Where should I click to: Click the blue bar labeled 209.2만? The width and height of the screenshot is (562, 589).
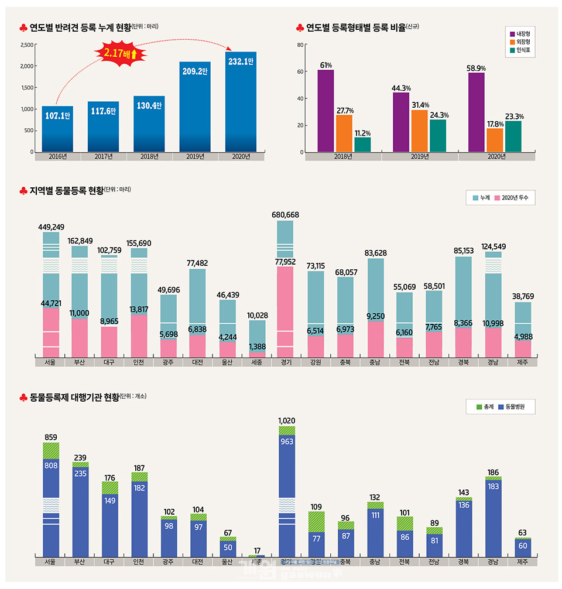pyautogui.click(x=195, y=105)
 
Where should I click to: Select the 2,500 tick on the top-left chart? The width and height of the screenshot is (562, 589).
pyautogui.click(x=27, y=44)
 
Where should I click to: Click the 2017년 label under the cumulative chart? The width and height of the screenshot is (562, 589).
pyautogui.click(x=104, y=156)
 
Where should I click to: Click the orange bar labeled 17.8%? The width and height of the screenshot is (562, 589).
pyautogui.click(x=495, y=139)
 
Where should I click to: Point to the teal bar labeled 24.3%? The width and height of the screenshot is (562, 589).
pyautogui.click(x=438, y=135)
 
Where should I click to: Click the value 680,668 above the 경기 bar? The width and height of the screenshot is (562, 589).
pyautogui.click(x=285, y=215)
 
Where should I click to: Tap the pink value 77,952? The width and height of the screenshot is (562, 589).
pyautogui.click(x=285, y=262)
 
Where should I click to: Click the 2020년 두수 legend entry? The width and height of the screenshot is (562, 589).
pyautogui.click(x=510, y=198)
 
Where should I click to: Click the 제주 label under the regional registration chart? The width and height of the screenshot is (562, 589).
pyautogui.click(x=523, y=362)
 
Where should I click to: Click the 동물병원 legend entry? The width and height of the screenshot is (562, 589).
pyautogui.click(x=510, y=406)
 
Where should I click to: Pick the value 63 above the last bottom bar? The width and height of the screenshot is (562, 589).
pyautogui.click(x=523, y=532)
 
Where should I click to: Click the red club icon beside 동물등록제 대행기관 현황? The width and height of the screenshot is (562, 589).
pyautogui.click(x=23, y=398)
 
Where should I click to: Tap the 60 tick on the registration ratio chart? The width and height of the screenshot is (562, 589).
pyautogui.click(x=300, y=71)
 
